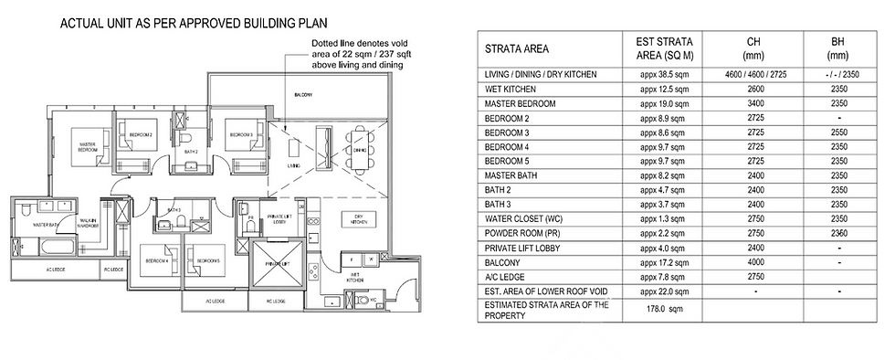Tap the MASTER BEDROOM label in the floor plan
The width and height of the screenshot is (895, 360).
click(89, 147)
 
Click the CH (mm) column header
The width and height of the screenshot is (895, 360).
click(753, 48)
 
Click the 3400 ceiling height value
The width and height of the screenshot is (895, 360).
click(753, 105)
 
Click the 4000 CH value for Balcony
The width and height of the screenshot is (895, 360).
click(753, 261)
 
